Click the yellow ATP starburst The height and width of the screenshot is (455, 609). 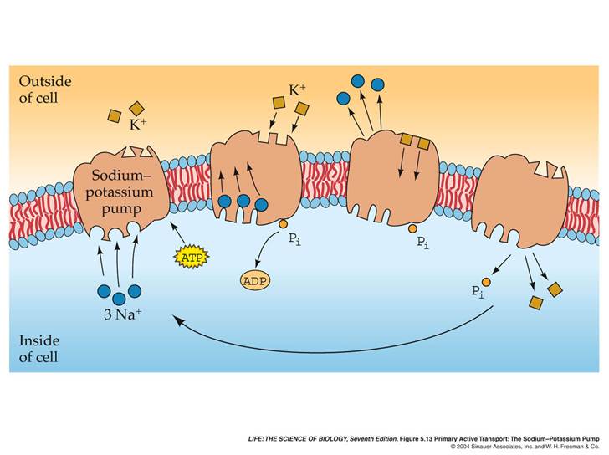[191, 257]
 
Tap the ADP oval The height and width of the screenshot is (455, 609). [255, 280]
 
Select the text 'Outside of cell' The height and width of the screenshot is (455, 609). [44, 89]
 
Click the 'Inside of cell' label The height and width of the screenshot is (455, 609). [39, 349]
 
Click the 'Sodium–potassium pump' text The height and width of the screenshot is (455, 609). [120, 192]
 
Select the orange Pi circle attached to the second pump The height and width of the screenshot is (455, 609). [283, 223]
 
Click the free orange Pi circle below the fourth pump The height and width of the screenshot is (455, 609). [486, 282]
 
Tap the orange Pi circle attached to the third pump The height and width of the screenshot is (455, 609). [412, 228]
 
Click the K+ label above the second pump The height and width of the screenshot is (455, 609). [297, 90]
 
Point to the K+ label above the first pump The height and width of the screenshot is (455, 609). [138, 125]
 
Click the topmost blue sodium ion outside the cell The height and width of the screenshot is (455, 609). [357, 81]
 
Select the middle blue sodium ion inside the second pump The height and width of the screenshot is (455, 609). [243, 201]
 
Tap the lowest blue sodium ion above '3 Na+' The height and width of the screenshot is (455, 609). [119, 299]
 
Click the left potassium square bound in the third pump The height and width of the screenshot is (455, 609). [407, 140]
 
